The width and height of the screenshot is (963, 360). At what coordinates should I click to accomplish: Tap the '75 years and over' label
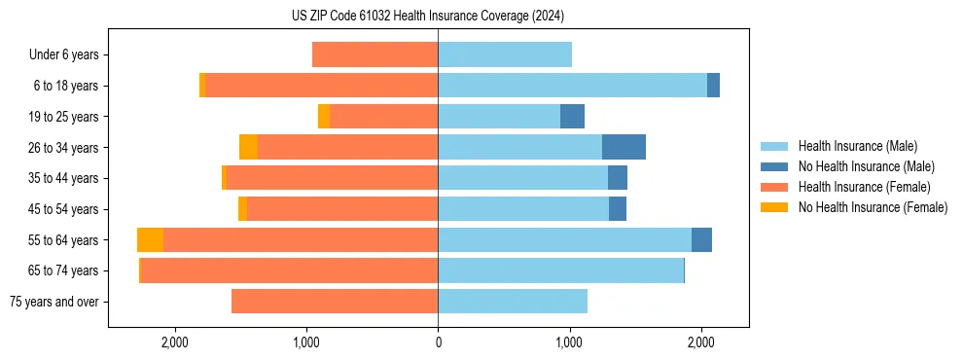tap(53, 302)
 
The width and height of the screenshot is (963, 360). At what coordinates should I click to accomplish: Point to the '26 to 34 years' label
tap(63, 148)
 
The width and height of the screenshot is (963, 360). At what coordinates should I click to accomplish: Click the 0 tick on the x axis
tap(438, 342)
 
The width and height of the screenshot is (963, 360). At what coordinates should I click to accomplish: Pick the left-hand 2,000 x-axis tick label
tap(175, 342)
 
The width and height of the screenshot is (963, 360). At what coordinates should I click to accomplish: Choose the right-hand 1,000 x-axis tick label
tap(569, 342)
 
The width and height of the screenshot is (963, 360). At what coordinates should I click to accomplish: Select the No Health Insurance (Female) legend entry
tap(873, 207)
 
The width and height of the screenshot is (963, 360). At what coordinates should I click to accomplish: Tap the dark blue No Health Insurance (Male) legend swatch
tap(774, 166)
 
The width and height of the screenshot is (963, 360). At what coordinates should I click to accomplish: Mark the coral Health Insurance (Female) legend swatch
tap(774, 187)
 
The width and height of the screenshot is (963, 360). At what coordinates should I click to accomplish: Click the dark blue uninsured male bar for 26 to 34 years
tap(624, 147)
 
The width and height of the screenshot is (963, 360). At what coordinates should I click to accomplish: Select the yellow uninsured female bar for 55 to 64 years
tap(150, 239)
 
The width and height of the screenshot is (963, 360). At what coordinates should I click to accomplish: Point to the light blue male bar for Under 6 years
tap(505, 54)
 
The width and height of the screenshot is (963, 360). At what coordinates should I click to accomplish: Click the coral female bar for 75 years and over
tap(335, 302)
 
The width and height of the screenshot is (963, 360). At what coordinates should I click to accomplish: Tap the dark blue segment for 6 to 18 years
tap(713, 86)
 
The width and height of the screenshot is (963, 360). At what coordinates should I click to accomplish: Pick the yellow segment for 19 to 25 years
tap(324, 117)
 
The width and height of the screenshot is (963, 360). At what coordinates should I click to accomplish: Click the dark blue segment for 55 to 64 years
tap(701, 239)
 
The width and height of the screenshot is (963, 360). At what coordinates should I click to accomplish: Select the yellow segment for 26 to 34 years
tap(249, 147)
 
